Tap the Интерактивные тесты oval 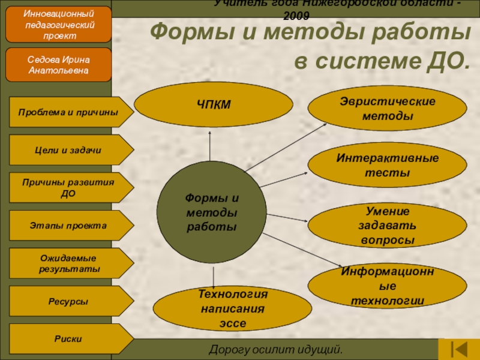(x=387, y=165)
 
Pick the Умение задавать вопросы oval (x=387, y=225)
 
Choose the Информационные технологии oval (x=387, y=286)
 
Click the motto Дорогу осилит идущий (x=275, y=349)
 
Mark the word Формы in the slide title (x=183, y=33)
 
